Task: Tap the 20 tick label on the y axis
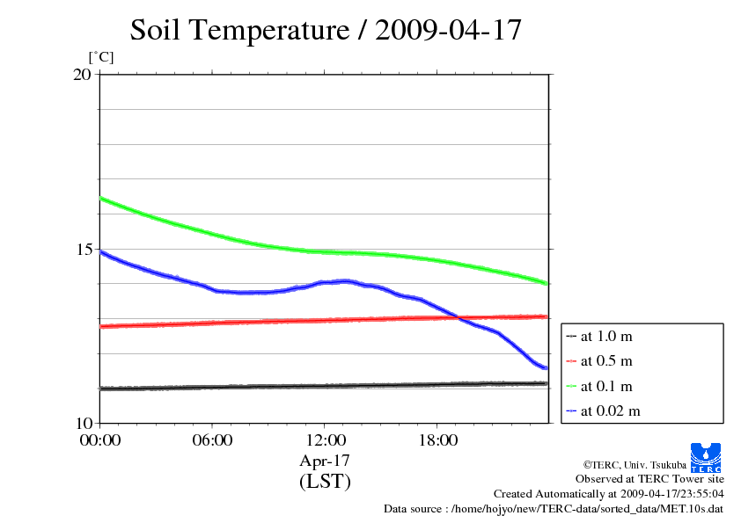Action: [82, 75]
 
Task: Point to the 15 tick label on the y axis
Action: [82, 249]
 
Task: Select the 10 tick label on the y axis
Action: [82, 423]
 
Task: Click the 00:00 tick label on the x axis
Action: [100, 440]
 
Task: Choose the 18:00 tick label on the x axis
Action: [437, 440]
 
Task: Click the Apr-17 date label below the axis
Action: [325, 461]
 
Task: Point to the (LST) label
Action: [325, 482]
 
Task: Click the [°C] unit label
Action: [101, 58]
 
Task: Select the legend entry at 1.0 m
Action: [606, 336]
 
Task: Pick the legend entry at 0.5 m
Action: [606, 360]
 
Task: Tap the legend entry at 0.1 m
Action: [606, 386]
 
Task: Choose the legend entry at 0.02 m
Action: [610, 410]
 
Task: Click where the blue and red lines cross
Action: [459, 317]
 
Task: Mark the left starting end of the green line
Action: [101, 198]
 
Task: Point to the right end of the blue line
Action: [547, 368]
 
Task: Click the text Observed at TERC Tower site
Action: [649, 479]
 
